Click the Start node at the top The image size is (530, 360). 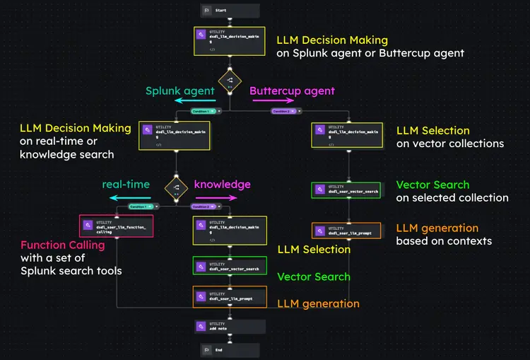pos(230,11)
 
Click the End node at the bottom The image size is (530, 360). pos(230,349)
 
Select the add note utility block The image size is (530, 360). pos(230,326)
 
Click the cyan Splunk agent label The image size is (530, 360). pos(179,91)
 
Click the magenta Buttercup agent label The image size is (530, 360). pos(292,91)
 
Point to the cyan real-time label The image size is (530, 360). pos(126,185)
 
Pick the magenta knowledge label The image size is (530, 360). pos(222,185)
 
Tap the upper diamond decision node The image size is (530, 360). pos(230,81)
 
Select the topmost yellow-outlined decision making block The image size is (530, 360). pos(230,42)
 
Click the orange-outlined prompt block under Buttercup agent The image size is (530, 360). pos(346,231)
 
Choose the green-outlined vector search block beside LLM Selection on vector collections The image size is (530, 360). pos(346,190)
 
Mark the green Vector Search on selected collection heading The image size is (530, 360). pos(432,185)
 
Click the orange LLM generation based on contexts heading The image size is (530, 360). pos(437,228)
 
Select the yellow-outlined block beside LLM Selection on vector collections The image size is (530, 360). pos(346,134)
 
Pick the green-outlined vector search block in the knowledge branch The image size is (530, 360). pos(230,266)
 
